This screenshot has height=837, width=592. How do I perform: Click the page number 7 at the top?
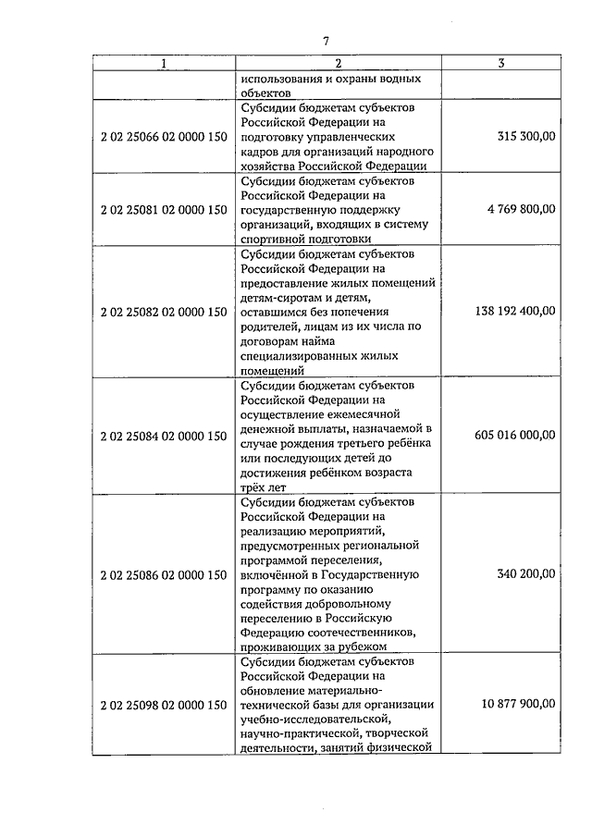[326, 40]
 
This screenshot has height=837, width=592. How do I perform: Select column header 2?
[338, 64]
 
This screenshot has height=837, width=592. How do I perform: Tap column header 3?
[500, 64]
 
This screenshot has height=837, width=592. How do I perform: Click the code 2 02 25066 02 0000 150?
[163, 136]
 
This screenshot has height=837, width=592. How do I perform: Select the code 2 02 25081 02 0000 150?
[163, 210]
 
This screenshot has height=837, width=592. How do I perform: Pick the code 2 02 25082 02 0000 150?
[163, 312]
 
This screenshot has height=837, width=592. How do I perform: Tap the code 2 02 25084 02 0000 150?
[163, 436]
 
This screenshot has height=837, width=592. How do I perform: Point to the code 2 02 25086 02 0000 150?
[163, 574]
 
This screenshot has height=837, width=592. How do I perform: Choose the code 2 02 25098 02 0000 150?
[163, 705]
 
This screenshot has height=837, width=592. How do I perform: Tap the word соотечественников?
[351, 633]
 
